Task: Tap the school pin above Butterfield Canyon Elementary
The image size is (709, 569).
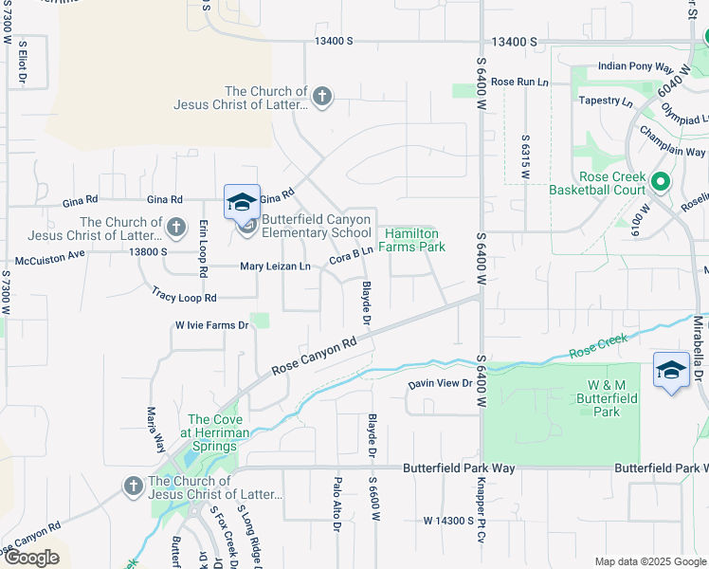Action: click(242, 202)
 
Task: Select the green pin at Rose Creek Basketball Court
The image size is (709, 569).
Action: click(662, 179)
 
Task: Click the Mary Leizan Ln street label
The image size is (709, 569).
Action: click(275, 267)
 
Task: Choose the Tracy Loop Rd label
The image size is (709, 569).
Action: click(184, 298)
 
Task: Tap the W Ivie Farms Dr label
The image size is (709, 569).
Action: click(210, 325)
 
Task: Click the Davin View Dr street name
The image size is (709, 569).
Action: click(440, 383)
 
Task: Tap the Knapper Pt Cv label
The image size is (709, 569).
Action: click(482, 518)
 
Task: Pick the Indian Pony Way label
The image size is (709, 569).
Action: click(635, 68)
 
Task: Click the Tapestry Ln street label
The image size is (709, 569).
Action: click(607, 101)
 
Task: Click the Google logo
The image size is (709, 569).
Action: click(31, 558)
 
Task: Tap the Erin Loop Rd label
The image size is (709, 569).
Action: click(203, 248)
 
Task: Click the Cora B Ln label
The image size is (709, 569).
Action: click(351, 253)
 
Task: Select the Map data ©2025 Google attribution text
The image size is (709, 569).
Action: click(649, 561)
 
